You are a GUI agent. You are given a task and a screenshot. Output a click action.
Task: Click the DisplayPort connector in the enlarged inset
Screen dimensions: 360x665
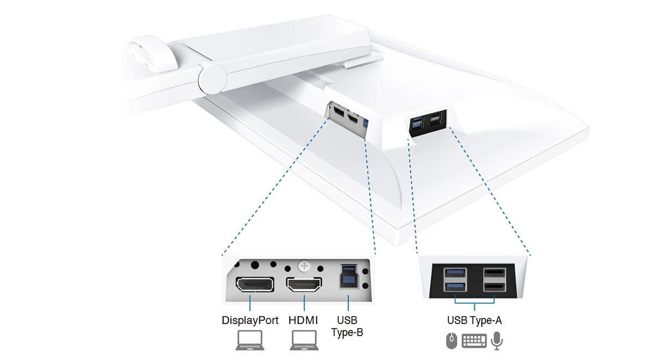[x=254, y=285]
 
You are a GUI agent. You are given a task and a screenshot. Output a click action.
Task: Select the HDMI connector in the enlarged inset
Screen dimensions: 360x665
[x=304, y=285]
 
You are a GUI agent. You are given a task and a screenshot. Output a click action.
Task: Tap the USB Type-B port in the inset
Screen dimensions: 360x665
[x=348, y=275]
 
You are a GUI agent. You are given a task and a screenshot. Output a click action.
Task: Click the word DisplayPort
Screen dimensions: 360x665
[x=249, y=320]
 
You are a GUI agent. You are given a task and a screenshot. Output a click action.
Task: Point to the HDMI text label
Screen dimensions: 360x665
[x=304, y=320]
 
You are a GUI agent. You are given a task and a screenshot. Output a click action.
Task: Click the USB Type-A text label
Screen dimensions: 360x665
[x=474, y=320]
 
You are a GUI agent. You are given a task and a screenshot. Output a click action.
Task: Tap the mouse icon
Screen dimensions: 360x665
[x=452, y=341]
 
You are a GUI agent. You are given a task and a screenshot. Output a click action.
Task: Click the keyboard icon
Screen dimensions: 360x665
[x=474, y=341]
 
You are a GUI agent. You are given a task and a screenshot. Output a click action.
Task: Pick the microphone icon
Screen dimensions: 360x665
[x=497, y=341]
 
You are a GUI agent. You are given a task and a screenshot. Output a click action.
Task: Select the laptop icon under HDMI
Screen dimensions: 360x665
[x=304, y=340]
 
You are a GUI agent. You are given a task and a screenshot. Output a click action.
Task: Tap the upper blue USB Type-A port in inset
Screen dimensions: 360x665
[x=454, y=273]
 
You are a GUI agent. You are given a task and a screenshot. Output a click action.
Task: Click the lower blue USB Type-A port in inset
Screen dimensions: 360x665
[x=454, y=286]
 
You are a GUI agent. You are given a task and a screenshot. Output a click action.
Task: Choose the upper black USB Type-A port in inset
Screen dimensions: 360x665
[x=494, y=273]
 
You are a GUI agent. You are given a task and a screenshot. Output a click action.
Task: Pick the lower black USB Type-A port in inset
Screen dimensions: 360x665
[x=494, y=286]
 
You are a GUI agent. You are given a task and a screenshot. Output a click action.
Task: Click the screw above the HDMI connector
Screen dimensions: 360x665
[x=304, y=266]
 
